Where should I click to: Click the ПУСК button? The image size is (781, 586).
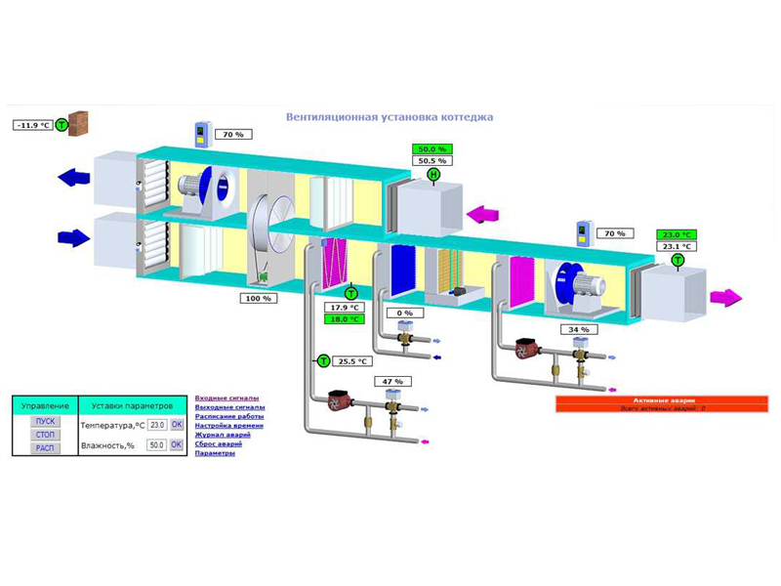(x=46, y=421)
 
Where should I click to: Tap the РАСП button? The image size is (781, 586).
(x=46, y=448)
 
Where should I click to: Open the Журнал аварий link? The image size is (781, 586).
(x=223, y=435)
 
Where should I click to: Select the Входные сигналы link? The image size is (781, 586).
(x=226, y=398)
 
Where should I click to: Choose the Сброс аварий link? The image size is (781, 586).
(x=219, y=443)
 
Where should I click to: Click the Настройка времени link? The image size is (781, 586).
(x=228, y=426)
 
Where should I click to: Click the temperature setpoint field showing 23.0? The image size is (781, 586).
(x=157, y=425)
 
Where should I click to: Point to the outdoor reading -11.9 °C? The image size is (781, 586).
(x=33, y=125)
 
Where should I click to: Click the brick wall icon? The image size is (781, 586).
(x=78, y=123)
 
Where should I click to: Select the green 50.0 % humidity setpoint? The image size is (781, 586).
(x=432, y=149)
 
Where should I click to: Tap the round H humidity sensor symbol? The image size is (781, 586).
(x=432, y=175)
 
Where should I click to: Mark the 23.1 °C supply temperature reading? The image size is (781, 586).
(x=677, y=246)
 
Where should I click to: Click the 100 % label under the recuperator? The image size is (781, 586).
(x=259, y=298)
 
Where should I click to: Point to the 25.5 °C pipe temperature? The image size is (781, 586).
(x=351, y=361)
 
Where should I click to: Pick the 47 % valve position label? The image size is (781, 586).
(x=392, y=381)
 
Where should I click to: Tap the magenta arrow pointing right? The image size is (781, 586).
(x=725, y=298)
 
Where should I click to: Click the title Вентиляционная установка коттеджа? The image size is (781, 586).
(x=390, y=117)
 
